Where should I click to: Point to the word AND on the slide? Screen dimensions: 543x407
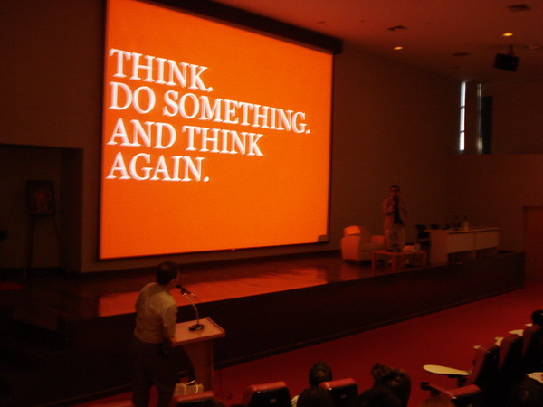142,133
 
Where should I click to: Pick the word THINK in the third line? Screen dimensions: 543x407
223,140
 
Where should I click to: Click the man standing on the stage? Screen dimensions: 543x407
395,217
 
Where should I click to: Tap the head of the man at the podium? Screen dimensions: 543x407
167,273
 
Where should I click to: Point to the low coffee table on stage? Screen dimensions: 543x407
398,258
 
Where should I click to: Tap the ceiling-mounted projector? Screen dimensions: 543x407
506,62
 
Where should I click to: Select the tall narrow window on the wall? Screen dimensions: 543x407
462,117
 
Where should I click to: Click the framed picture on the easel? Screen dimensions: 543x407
42,197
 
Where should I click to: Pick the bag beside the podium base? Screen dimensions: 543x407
188,388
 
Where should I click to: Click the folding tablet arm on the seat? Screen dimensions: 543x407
446,370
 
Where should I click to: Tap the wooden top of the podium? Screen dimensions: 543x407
198,331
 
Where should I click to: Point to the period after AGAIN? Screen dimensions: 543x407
206,179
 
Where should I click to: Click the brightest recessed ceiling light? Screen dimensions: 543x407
508,34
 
